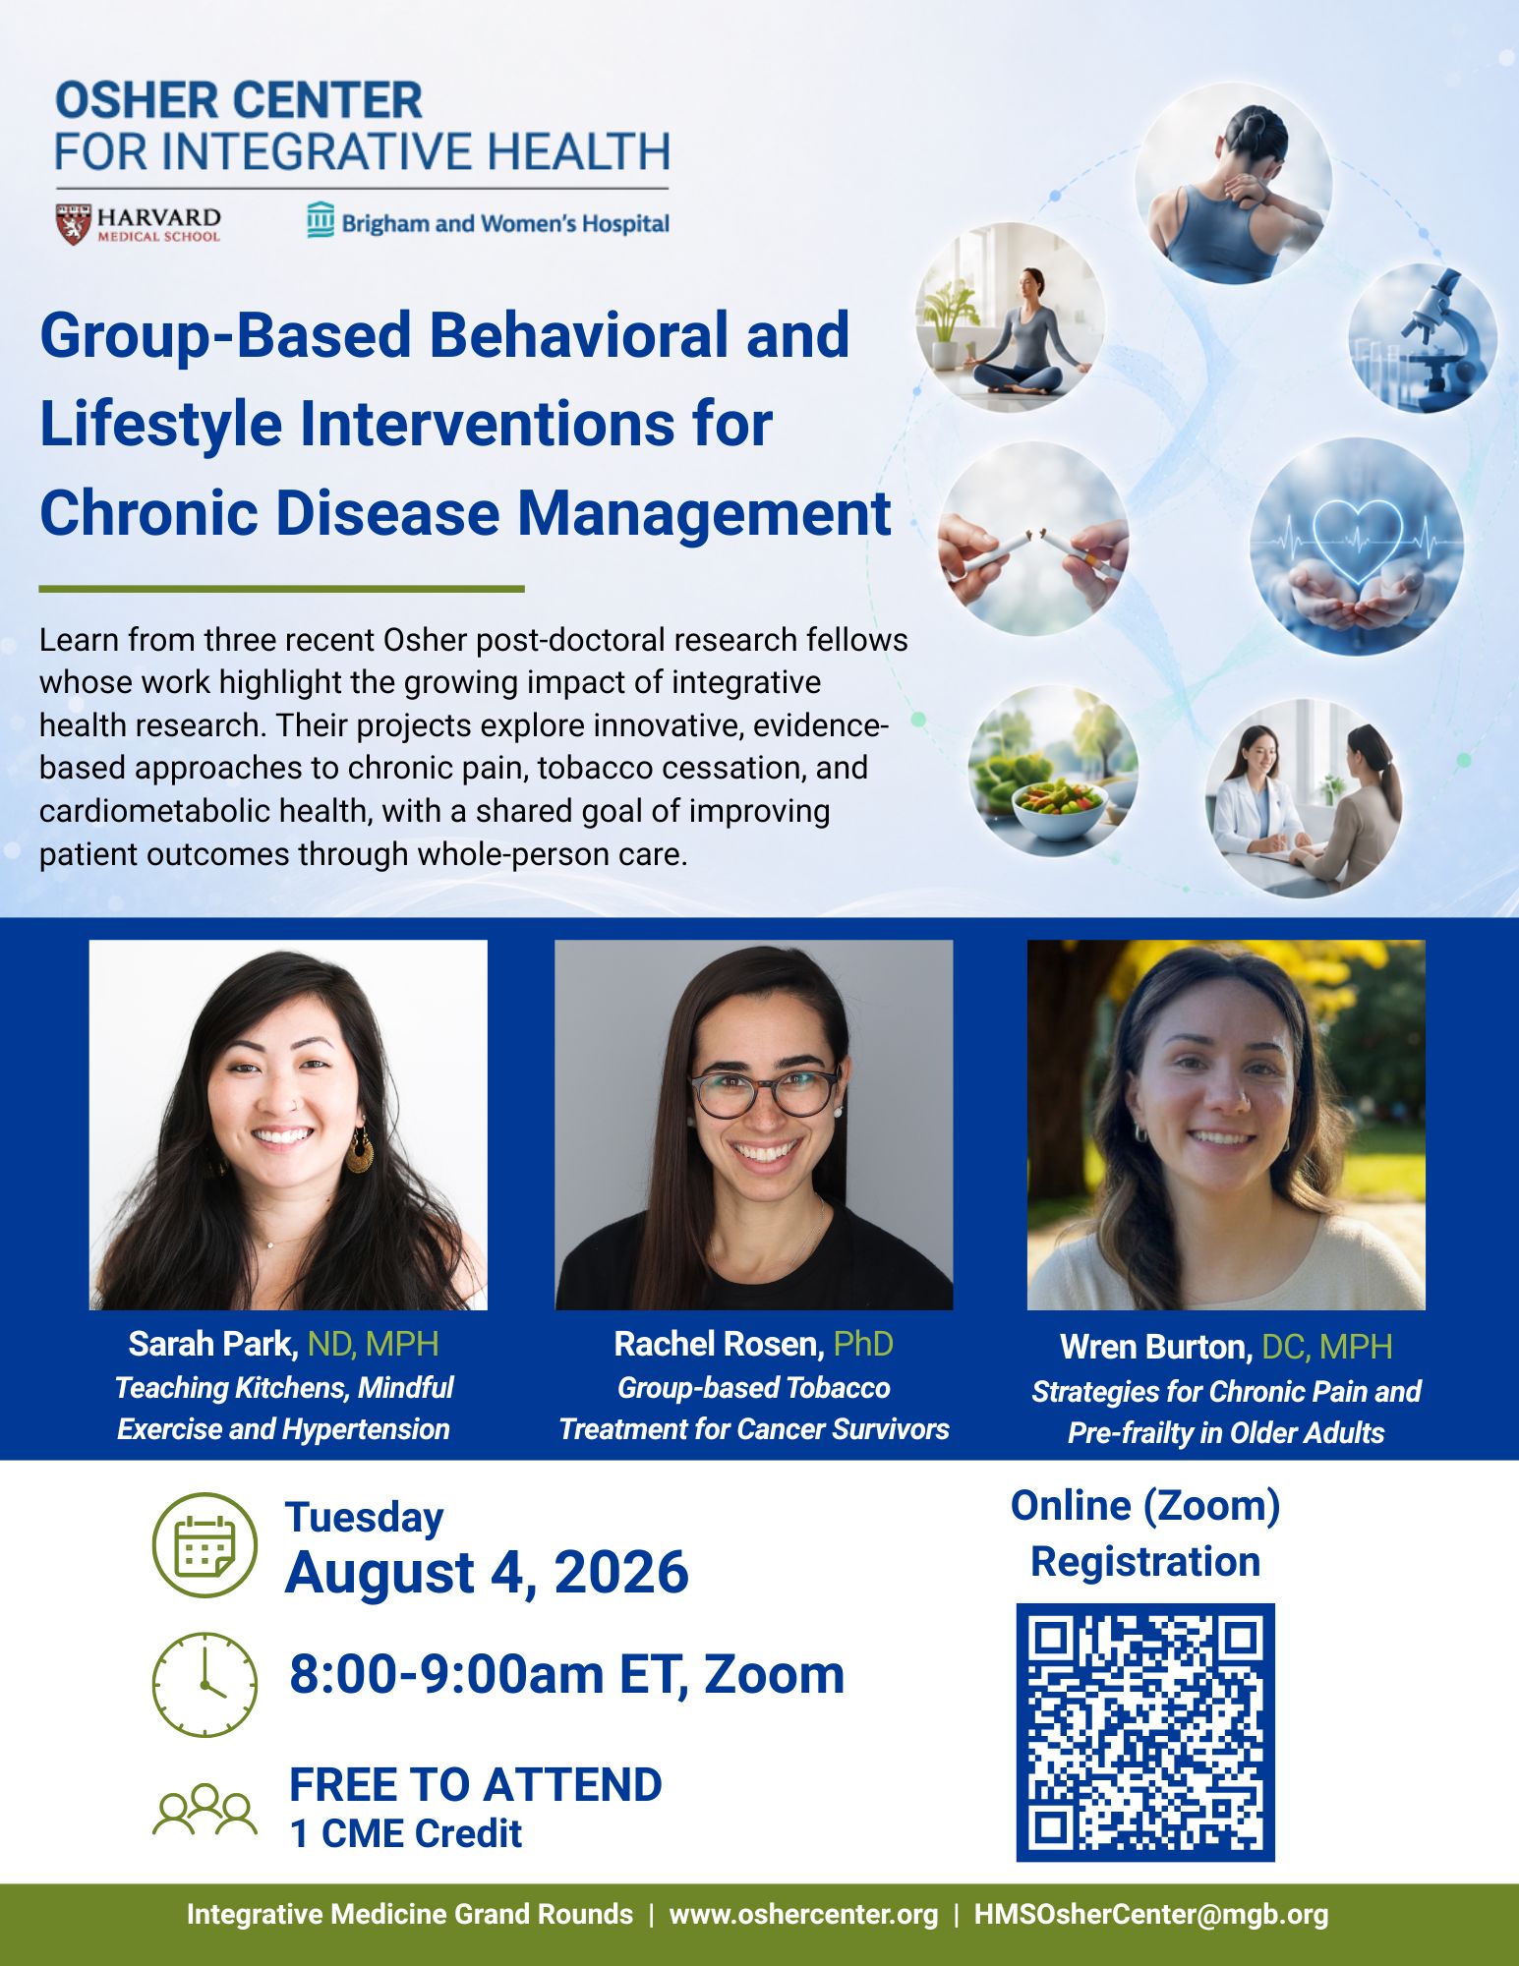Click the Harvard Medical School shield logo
pyautogui.click(x=74, y=224)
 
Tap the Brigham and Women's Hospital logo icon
pyautogui.click(x=321, y=221)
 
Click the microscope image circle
pyautogui.click(x=1422, y=338)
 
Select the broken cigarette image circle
pyautogui.click(x=1032, y=539)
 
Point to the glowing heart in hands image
pyautogui.click(x=1357, y=547)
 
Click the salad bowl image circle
pyautogui.click(x=1053, y=771)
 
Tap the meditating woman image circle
pyautogui.click(x=1011, y=318)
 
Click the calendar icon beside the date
pyautogui.click(x=204, y=1544)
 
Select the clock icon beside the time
pyautogui.click(x=204, y=1685)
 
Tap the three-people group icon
pyautogui.click(x=204, y=1809)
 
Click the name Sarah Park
pyautogui.click(x=212, y=1344)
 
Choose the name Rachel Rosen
pyautogui.click(x=719, y=1344)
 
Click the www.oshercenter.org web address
pyautogui.click(x=803, y=1915)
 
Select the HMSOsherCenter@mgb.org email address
pyautogui.click(x=1151, y=1915)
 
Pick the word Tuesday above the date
pyautogui.click(x=364, y=1518)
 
